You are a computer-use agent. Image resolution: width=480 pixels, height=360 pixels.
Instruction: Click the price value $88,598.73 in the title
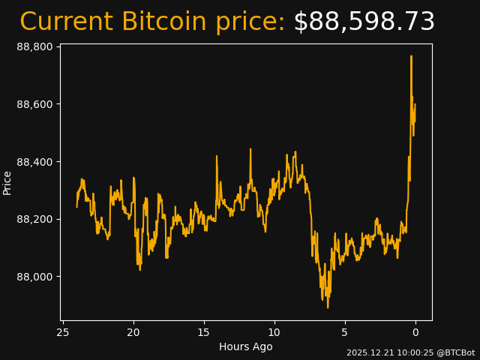364,22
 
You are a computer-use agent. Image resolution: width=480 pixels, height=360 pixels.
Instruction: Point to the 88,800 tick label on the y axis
34,46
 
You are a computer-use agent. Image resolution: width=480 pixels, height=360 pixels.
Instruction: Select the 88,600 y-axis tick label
34,104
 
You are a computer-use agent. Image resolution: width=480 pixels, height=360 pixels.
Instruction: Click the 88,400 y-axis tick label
34,162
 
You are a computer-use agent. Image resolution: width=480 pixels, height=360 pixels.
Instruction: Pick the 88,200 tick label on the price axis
34,219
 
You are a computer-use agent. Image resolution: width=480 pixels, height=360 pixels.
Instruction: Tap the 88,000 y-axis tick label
34,277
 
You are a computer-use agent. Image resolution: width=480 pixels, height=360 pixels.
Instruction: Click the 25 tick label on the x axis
63,332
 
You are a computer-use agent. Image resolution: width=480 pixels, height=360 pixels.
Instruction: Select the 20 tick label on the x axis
133,332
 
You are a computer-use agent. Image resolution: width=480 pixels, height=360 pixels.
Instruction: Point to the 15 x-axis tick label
204,332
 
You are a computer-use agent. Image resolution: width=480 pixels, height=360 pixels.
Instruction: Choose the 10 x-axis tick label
274,332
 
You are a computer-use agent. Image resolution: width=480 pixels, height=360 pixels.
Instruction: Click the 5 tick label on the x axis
345,332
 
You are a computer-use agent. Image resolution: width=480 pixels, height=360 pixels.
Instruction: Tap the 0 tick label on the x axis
415,332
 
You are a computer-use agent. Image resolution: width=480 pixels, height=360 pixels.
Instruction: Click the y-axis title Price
7,183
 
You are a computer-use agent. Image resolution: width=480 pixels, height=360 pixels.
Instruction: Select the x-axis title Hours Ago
246,346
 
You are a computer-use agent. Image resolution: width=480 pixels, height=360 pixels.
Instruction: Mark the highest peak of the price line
411,56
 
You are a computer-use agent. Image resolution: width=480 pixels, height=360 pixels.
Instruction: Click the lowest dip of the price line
328,307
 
